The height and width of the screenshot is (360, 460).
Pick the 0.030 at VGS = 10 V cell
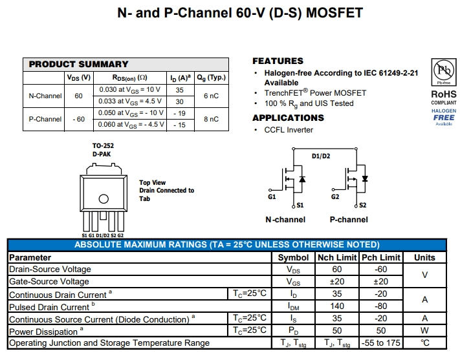coord(129,90)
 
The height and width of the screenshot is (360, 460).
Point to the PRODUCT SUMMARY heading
coord(78,64)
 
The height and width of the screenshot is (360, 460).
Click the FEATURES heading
coord(278,61)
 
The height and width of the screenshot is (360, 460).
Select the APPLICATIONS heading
coord(288,118)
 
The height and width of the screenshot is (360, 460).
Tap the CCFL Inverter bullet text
coord(289,130)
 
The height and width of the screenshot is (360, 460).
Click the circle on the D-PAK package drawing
coord(103,198)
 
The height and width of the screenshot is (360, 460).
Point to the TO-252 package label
coord(103,146)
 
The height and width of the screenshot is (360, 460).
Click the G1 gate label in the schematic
coord(272,196)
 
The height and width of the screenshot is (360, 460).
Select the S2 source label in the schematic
coord(362,205)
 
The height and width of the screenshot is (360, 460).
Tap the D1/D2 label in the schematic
coord(321,156)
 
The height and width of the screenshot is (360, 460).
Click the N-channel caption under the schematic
coord(285,220)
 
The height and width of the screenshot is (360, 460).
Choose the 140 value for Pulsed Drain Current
coord(336,306)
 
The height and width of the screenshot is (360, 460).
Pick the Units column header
coord(424,257)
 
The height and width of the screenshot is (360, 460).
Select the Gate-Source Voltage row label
coord(49,282)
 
